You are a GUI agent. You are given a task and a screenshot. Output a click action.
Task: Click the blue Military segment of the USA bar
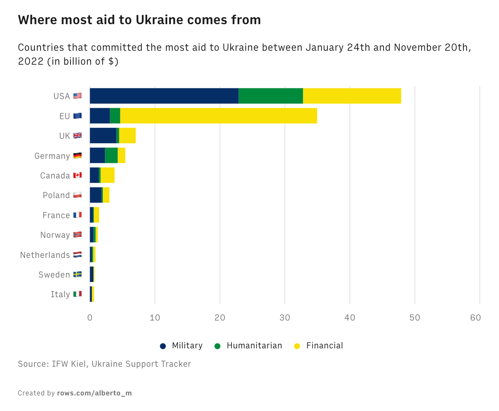(164, 96)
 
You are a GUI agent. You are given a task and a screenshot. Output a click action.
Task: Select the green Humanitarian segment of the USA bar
(270, 96)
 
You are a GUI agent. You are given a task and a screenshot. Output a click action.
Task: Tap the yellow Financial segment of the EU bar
(218, 116)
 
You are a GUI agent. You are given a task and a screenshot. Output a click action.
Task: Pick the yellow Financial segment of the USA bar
(352, 96)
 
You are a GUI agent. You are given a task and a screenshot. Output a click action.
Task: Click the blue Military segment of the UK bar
(103, 135)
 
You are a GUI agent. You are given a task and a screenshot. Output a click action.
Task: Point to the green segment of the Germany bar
(111, 156)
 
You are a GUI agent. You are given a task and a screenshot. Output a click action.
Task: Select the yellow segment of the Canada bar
(107, 175)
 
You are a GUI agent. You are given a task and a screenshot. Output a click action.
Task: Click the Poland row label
(57, 195)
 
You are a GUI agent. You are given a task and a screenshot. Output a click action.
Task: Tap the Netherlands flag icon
(77, 255)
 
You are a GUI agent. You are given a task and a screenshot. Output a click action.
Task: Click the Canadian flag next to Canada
(77, 175)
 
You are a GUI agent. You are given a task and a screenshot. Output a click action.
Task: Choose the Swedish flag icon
(77, 274)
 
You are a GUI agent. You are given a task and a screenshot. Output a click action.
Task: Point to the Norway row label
(55, 235)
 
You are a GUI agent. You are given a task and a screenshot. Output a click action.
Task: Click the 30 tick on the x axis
(285, 318)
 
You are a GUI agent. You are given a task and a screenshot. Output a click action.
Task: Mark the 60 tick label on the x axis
(475, 318)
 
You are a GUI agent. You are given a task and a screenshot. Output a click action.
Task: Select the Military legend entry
(187, 346)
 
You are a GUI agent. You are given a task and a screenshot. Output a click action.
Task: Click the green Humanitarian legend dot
(217, 346)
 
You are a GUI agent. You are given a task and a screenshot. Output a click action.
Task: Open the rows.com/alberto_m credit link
(94, 393)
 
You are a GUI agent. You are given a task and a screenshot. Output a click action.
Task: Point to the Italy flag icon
(77, 294)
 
